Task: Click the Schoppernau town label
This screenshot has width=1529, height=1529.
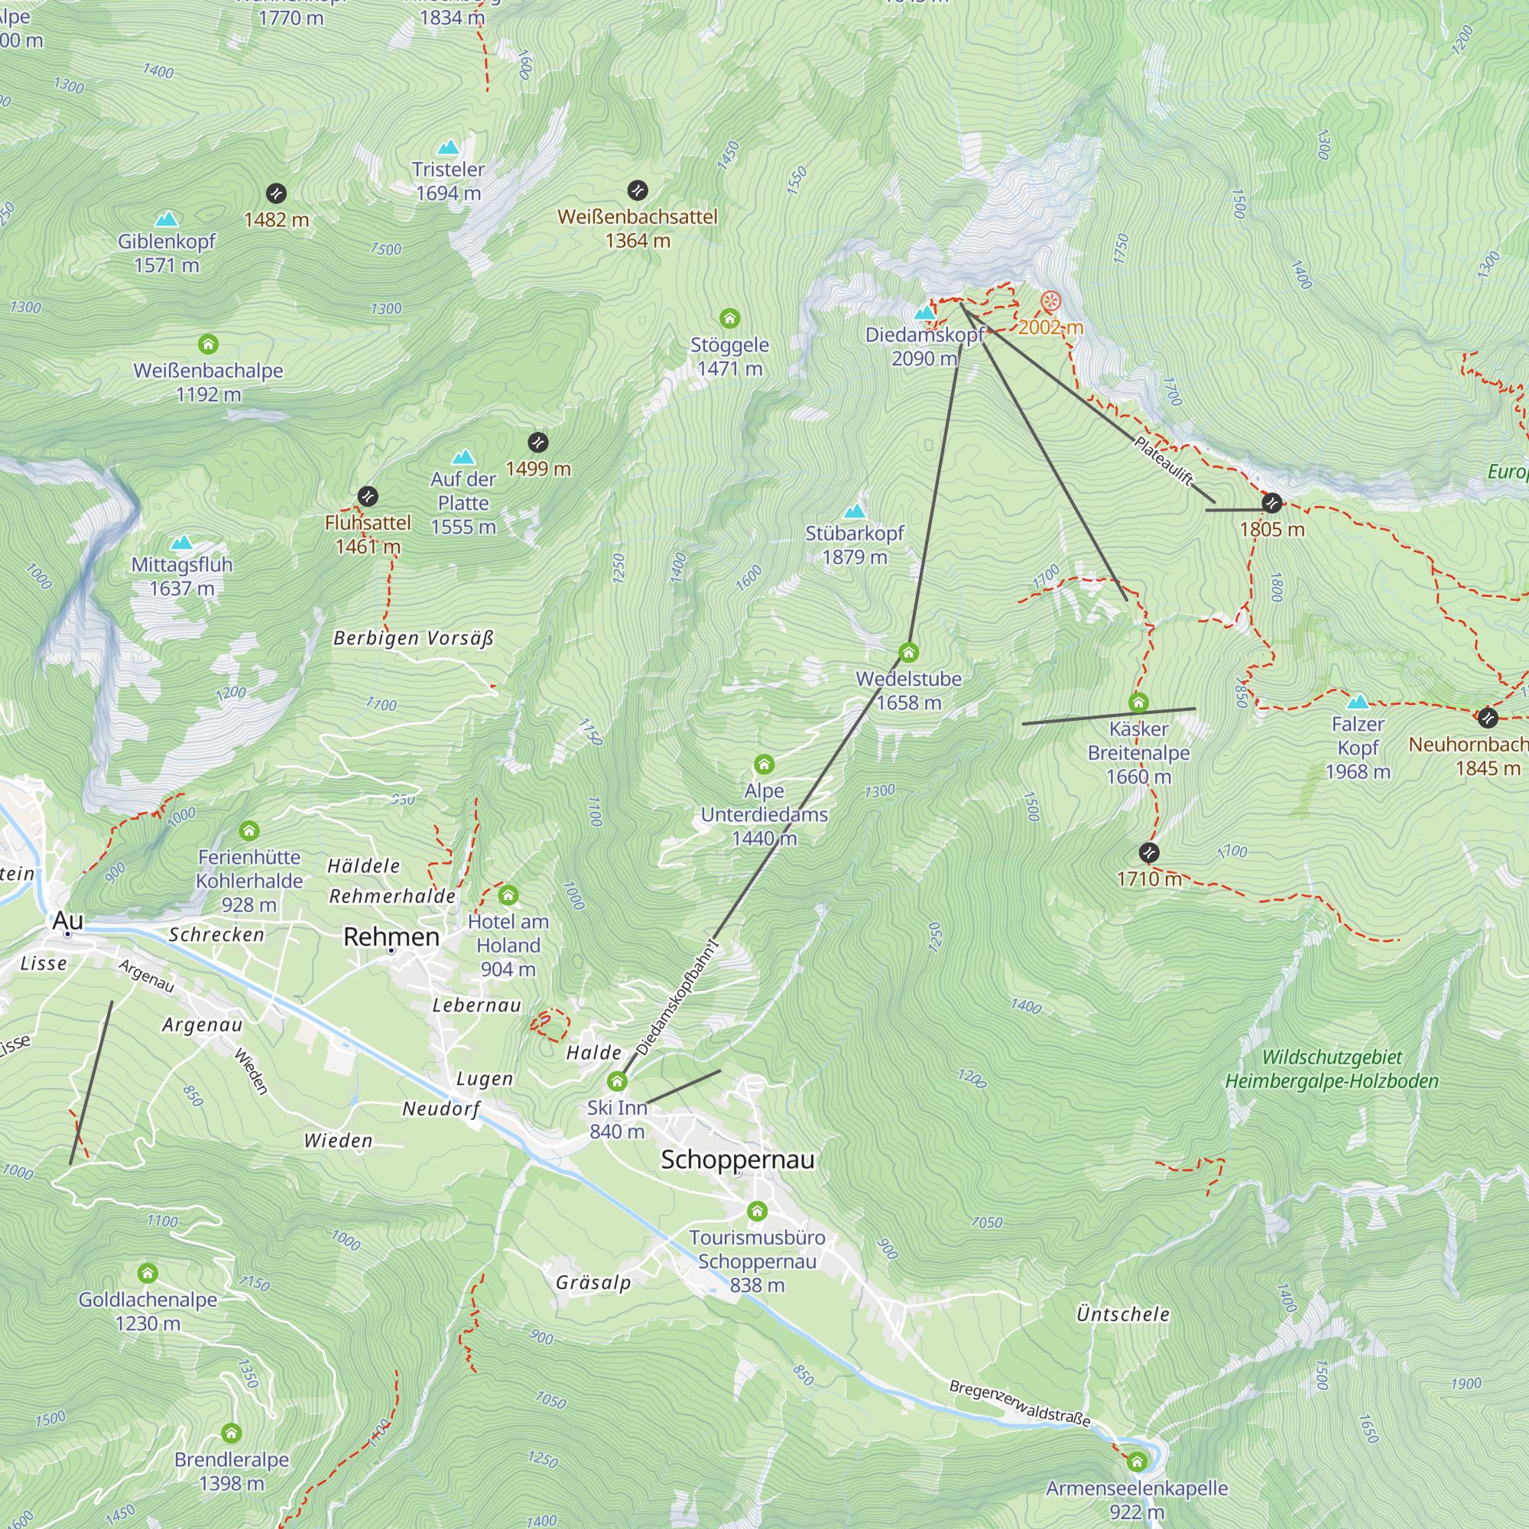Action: pos(737,1160)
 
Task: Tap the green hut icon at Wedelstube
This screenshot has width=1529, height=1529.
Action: pos(908,653)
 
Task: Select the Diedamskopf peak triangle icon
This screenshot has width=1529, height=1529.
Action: pos(924,313)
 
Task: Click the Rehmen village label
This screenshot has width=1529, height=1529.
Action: pos(391,937)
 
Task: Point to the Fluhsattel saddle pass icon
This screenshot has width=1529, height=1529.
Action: pos(367,497)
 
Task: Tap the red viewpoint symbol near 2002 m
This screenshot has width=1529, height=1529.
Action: pos(1050,300)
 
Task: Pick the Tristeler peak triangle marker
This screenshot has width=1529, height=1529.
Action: pos(448,148)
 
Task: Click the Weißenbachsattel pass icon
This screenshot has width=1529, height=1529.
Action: pos(637,190)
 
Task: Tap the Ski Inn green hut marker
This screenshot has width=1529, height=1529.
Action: pos(616,1081)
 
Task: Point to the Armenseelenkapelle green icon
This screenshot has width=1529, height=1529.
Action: pos(1137,1462)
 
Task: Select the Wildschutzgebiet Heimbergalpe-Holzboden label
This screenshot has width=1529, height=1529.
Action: pos(1331,1070)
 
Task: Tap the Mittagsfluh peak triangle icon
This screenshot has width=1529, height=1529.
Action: pos(182,542)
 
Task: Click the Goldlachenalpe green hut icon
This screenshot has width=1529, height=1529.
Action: pos(148,1274)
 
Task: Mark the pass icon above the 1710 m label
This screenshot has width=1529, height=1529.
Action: pos(1148,852)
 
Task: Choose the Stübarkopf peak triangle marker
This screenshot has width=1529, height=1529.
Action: pos(855,511)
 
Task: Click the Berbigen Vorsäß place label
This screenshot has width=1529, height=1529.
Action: pos(413,638)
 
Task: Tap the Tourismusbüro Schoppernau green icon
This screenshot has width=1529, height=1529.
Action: pos(757,1211)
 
